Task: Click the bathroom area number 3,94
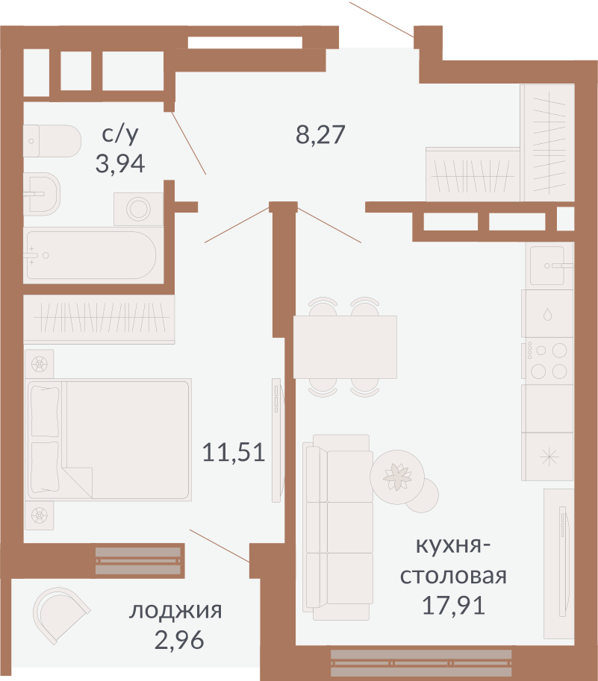[x=120, y=164]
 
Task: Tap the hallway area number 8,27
[x=320, y=134]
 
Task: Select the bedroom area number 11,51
[x=234, y=452]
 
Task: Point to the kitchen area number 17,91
[x=453, y=606]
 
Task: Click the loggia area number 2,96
[x=179, y=640]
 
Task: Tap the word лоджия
[x=175, y=611]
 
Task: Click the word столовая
[x=453, y=576]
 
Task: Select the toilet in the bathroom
[x=52, y=141]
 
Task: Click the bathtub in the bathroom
[x=91, y=255]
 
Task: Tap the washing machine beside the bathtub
[x=139, y=210]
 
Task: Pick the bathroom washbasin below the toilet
[x=42, y=194]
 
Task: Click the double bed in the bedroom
[x=109, y=439]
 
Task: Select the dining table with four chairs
[x=345, y=347]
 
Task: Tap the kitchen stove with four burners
[x=547, y=361]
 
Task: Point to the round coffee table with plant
[x=397, y=477]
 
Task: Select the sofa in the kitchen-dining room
[x=338, y=527]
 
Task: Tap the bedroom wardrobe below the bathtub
[x=99, y=319]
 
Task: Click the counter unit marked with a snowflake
[x=547, y=456]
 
